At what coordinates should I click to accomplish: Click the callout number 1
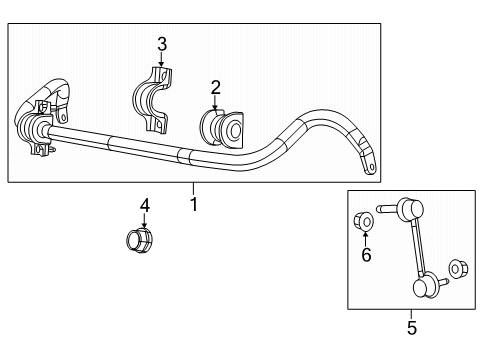point(194,204)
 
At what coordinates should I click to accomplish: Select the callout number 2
point(214,88)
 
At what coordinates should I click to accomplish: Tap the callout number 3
point(162,42)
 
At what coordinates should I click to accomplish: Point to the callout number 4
point(144,205)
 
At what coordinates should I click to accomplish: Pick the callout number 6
point(366,255)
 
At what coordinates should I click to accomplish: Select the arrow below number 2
point(214,103)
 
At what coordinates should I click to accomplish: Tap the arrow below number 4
point(144,221)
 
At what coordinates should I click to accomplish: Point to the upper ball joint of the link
point(409,211)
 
